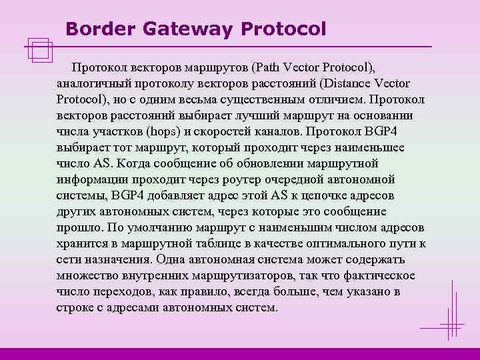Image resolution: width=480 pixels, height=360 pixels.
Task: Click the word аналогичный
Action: (91, 83)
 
